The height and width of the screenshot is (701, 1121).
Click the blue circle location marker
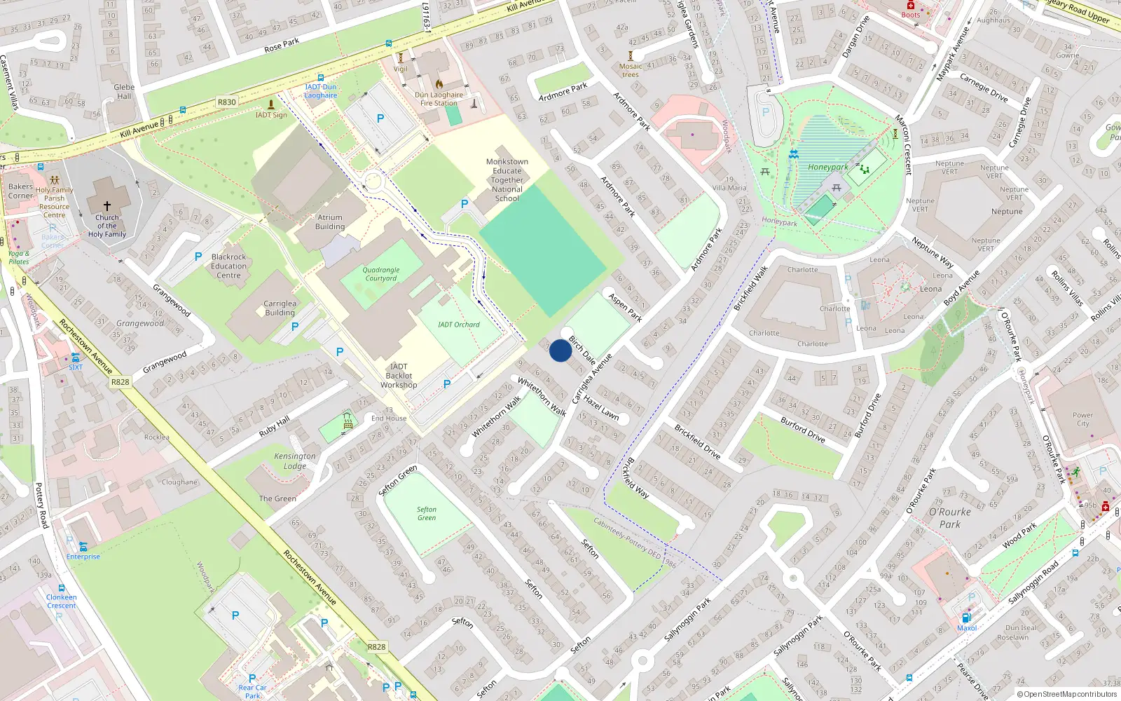click(560, 350)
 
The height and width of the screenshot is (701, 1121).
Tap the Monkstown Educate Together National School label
click(507, 180)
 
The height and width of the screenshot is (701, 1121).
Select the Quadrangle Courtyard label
click(380, 274)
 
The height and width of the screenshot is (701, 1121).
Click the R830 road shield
click(226, 102)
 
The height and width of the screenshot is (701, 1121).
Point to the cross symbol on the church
click(107, 205)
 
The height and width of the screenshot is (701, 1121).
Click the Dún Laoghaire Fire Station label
click(439, 99)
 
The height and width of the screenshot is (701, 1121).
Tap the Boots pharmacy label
click(911, 15)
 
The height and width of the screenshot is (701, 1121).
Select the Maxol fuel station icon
click(966, 618)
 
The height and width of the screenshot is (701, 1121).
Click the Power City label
click(1082, 419)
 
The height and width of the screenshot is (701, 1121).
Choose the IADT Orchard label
click(458, 325)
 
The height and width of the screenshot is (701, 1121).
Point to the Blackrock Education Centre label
click(228, 266)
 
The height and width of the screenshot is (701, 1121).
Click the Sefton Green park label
click(426, 514)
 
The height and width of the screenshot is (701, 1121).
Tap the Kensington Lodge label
click(294, 461)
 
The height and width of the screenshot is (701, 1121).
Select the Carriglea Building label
click(280, 308)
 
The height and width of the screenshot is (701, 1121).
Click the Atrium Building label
click(329, 222)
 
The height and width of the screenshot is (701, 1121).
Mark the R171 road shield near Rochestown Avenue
click(120, 382)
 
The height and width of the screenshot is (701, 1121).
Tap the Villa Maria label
click(729, 188)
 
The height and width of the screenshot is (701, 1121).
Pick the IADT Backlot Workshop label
click(398, 376)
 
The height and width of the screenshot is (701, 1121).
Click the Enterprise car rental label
click(83, 557)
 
